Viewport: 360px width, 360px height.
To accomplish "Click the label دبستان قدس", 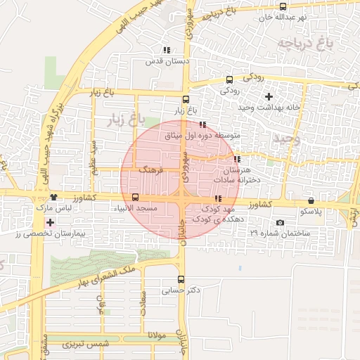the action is point(158,61).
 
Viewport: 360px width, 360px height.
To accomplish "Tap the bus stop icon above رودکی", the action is point(230,80).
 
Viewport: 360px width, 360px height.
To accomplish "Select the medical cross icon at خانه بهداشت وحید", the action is point(268,96).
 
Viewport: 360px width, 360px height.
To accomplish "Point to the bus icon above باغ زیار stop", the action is point(186,99).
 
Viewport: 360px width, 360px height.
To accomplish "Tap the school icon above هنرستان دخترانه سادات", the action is point(237,159).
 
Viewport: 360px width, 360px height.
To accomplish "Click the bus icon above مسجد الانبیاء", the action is point(135,198).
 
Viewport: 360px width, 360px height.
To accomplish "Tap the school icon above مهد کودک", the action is point(217,199).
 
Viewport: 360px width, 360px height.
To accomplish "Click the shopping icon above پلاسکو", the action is point(311,200).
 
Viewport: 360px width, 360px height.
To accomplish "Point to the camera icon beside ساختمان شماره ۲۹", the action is point(281,223).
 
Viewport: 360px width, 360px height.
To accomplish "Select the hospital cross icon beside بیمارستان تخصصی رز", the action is point(49,223).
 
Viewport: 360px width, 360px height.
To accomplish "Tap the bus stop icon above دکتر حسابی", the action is point(181,278).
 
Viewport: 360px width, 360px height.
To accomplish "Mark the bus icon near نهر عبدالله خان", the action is point(283,6).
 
